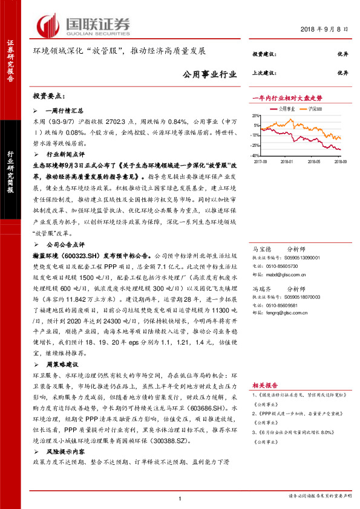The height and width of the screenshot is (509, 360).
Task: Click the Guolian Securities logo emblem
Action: pos(49,25)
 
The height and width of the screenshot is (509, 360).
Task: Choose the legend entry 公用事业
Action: pos(286,109)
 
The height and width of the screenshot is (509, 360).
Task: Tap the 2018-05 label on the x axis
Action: pos(313,161)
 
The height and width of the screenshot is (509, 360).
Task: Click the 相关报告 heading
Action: pos(265,385)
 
